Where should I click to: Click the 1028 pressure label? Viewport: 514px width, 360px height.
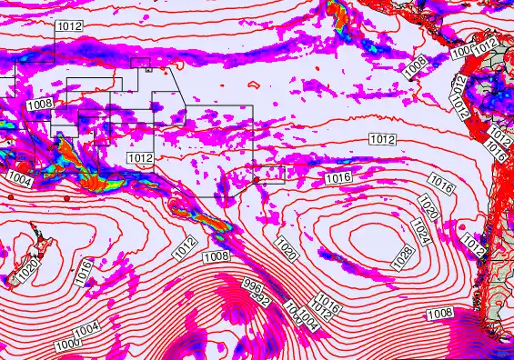[x=403, y=258]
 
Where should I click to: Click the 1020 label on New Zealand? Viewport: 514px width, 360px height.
[x=27, y=269]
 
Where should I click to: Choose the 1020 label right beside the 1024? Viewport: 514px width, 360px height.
[x=431, y=205]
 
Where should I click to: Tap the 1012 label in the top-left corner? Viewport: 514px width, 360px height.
[x=70, y=26]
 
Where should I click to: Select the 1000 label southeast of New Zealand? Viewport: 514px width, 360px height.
[x=66, y=345]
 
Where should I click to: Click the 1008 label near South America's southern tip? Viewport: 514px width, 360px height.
[x=439, y=314]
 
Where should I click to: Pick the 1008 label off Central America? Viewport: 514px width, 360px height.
[x=415, y=65]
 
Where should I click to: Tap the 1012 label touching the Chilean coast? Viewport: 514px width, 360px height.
[x=472, y=244]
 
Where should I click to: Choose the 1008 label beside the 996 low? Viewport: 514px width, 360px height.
[x=217, y=257]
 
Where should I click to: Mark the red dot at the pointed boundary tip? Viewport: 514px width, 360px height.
[x=257, y=180]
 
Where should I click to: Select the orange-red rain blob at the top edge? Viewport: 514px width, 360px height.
[x=334, y=12]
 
